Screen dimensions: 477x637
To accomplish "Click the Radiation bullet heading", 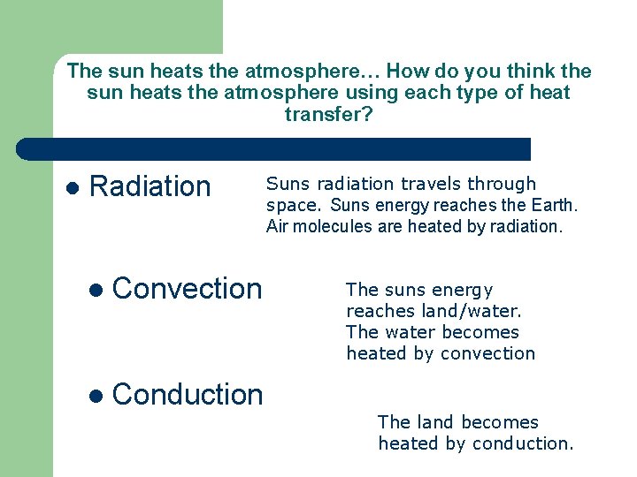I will [x=150, y=186].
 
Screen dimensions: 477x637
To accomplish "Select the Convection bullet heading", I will [x=188, y=288].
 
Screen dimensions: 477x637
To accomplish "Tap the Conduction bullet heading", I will [x=188, y=394].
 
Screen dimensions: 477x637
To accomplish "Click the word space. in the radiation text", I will [x=295, y=206].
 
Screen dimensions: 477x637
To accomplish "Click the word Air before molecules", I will [x=277, y=226].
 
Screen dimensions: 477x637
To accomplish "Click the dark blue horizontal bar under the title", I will [x=272, y=148].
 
